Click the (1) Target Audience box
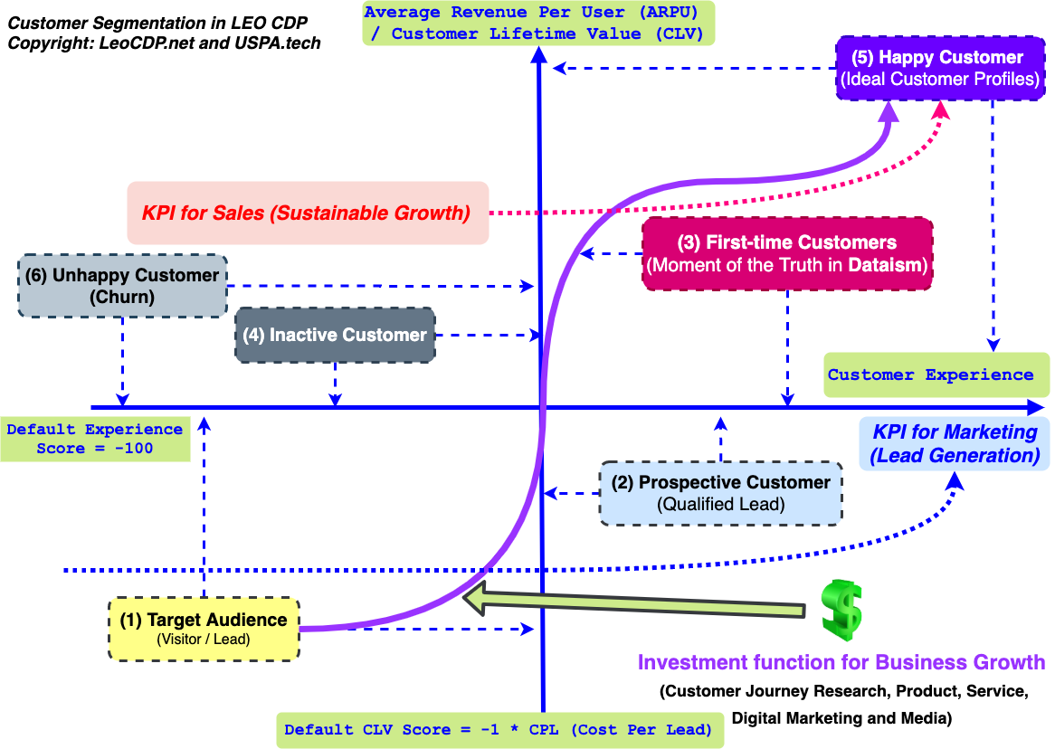tap(204, 630)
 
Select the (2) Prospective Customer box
tap(721, 493)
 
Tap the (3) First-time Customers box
tap(786, 253)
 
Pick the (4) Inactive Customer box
tap(335, 335)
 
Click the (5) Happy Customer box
tap(938, 68)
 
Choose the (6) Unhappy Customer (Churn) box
tap(122, 285)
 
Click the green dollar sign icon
tap(841, 610)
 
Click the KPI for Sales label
tap(307, 213)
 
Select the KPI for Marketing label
tap(955, 443)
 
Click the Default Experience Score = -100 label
tap(94, 439)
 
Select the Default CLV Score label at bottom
tap(499, 729)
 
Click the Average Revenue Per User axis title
tap(537, 24)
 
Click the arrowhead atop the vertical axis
tap(539, 54)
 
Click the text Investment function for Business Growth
tap(841, 662)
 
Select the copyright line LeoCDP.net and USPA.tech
tap(164, 43)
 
